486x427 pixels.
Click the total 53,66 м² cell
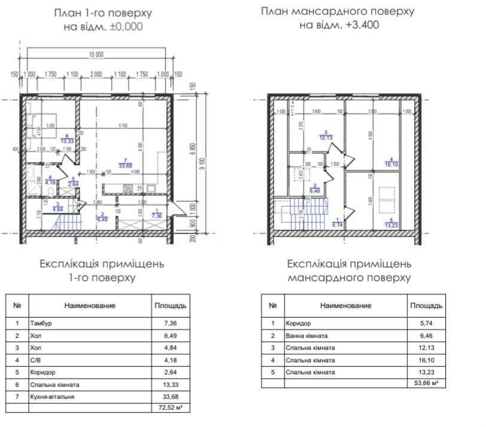point(426,383)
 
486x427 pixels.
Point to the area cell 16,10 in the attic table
point(426,360)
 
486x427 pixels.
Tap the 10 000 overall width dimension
point(96,55)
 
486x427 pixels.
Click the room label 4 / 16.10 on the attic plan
point(391,162)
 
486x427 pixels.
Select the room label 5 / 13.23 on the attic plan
point(391,222)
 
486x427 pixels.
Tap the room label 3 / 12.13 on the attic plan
point(326,136)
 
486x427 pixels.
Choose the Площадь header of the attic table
point(426,305)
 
